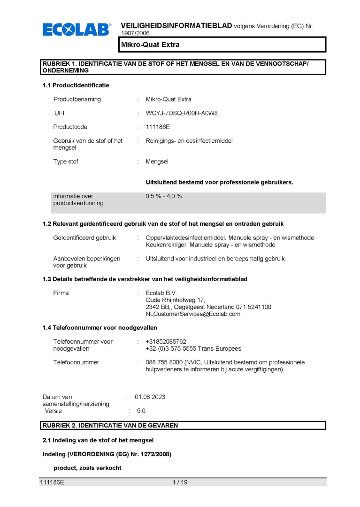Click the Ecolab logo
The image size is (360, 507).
(x=77, y=30)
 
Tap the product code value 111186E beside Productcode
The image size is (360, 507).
(x=158, y=127)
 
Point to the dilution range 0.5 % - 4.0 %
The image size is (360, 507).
(x=164, y=196)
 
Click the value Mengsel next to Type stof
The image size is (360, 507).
(x=157, y=161)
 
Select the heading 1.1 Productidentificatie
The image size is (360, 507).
(x=76, y=85)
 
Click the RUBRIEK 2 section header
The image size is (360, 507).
(x=183, y=425)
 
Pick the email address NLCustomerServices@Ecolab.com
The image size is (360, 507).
(x=193, y=314)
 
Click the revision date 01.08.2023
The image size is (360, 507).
(x=150, y=397)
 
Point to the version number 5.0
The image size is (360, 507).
(x=141, y=411)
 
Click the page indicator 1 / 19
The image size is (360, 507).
(x=180, y=482)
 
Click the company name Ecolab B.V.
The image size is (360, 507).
(x=161, y=293)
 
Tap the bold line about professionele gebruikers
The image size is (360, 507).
(x=219, y=182)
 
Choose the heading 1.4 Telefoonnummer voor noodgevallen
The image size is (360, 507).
(x=100, y=328)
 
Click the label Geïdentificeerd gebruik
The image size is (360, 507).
(x=84, y=238)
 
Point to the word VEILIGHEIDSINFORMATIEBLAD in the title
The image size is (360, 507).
(x=176, y=25)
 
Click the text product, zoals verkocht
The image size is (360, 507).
(x=87, y=468)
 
